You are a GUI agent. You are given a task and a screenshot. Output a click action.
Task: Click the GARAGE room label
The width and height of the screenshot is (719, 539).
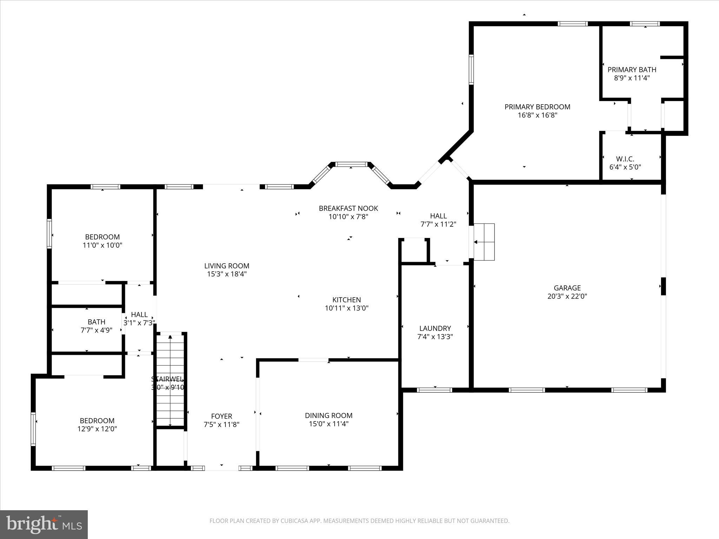click(x=567, y=288)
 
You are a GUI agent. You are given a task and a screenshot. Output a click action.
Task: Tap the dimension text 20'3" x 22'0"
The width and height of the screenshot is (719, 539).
click(x=567, y=296)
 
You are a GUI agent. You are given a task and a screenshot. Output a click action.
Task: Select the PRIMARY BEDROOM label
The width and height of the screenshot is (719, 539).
click(x=537, y=107)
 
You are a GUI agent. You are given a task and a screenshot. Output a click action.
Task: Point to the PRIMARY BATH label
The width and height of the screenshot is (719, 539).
click(x=632, y=69)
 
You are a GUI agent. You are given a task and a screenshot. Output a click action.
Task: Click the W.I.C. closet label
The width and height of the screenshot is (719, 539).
click(x=625, y=159)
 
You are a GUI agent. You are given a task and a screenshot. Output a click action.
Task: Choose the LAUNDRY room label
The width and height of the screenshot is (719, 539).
click(x=435, y=328)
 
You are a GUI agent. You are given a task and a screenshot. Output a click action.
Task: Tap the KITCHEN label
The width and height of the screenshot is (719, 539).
click(x=347, y=300)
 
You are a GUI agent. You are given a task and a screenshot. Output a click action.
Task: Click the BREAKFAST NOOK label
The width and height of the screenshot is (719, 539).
click(x=348, y=208)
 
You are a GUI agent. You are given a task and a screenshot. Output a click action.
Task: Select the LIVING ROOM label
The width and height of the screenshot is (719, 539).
click(x=227, y=266)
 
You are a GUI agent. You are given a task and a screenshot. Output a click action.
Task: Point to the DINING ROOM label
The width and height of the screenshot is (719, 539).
click(x=329, y=415)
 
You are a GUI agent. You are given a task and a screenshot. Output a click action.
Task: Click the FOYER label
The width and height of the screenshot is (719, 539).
click(x=222, y=416)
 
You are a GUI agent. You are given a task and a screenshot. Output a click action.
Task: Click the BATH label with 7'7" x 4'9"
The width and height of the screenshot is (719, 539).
click(x=96, y=322)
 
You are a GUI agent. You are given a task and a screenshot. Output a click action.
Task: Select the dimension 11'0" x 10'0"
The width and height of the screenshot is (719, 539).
click(x=102, y=245)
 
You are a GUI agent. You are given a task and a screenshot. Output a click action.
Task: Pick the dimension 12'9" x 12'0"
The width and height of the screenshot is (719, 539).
click(x=97, y=429)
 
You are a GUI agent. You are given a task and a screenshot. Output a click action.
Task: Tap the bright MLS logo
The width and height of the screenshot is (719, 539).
click(x=44, y=524)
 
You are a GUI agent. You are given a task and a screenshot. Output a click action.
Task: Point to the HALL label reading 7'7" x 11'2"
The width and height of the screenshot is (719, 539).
click(x=438, y=216)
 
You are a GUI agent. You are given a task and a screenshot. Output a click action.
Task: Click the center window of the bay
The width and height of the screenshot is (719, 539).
click(x=351, y=164)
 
